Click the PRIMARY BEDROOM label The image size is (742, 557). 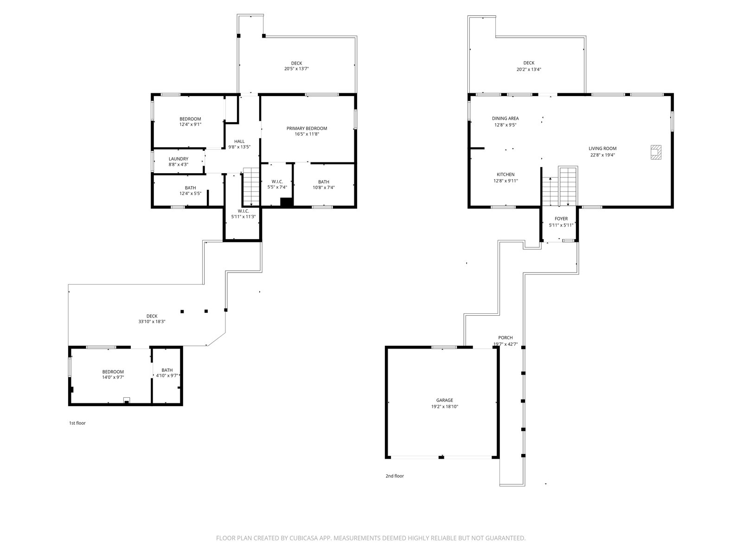[x=307, y=129]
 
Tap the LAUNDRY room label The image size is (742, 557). [x=179, y=159]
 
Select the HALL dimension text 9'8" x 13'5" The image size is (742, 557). [x=239, y=147]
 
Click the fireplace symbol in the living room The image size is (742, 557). [x=656, y=152]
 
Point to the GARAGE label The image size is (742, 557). [x=444, y=400]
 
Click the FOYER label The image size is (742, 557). [x=561, y=219]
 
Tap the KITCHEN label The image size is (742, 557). [x=505, y=175]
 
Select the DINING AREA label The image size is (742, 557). [x=505, y=118]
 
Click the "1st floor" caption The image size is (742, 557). [x=77, y=423]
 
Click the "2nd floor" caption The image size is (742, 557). [x=395, y=476]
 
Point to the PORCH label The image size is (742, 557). [x=505, y=337]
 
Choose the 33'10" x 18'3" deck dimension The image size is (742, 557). [x=152, y=322]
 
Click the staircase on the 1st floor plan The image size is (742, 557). [x=251, y=186]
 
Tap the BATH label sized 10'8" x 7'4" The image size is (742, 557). [x=324, y=182]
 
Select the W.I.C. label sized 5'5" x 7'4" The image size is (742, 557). [x=277, y=182]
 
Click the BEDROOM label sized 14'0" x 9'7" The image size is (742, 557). [x=113, y=372]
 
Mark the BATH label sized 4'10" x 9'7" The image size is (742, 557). [x=167, y=370]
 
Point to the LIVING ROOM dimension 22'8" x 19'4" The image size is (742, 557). [x=602, y=155]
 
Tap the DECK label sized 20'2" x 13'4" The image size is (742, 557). [x=529, y=63]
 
